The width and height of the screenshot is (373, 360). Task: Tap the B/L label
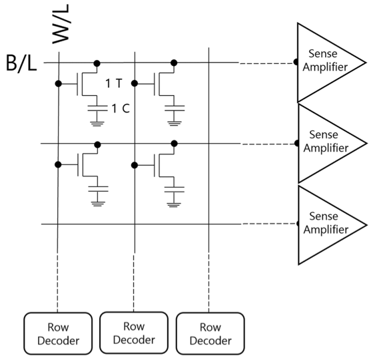tap(21, 64)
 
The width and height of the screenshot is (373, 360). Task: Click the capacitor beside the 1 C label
tap(98, 106)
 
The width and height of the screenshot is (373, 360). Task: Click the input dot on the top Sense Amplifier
tap(297, 63)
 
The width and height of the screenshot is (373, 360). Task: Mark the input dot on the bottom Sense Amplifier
tap(297, 224)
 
